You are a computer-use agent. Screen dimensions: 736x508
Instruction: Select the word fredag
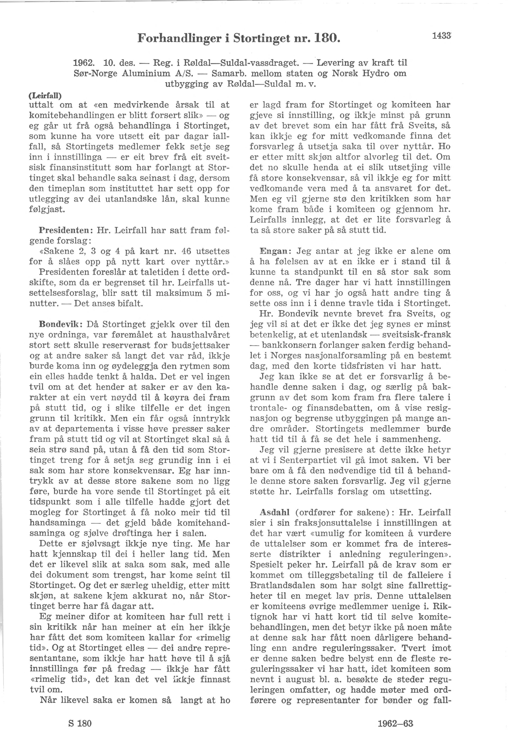tap(132, 669)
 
